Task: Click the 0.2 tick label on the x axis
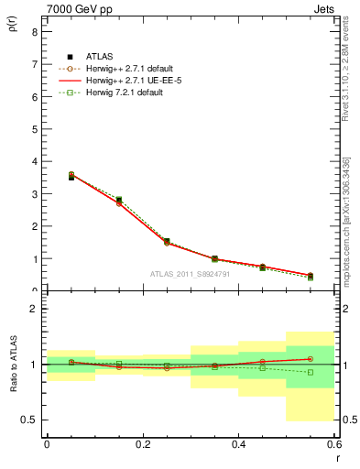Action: (142, 444)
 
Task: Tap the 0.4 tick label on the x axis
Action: (238, 444)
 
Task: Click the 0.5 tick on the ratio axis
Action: (29, 420)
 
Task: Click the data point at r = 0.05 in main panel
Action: (71, 176)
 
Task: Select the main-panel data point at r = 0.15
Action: (119, 201)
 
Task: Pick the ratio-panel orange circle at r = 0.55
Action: (310, 359)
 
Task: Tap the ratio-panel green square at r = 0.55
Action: (310, 372)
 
